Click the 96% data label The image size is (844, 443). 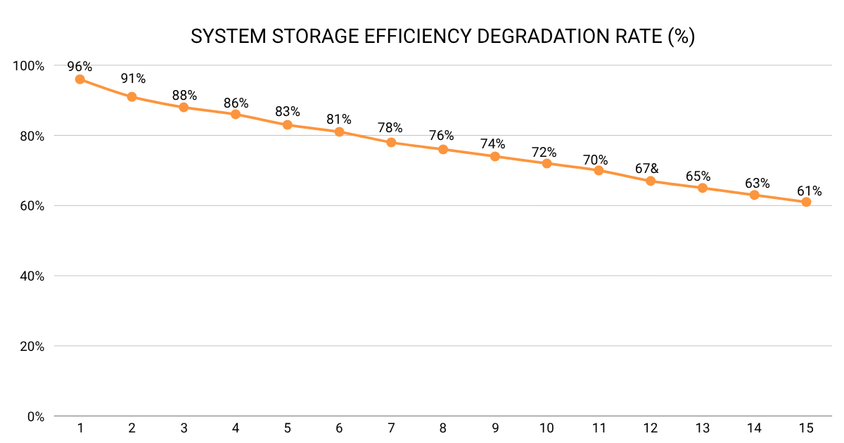coord(79,67)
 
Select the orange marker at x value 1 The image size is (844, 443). coord(79,79)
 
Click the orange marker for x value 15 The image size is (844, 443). coord(806,202)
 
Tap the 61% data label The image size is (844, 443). coord(809,191)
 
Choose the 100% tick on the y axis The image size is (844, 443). coord(29,65)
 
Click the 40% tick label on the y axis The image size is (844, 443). coord(32,276)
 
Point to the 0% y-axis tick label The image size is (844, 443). coord(35,416)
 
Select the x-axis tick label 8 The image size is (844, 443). coord(443,428)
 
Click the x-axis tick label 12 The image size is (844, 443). coord(651,428)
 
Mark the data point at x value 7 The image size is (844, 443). coord(391,142)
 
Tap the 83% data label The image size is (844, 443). coord(288,112)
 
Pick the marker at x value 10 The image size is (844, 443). coord(546,163)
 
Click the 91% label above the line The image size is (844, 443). coord(132,78)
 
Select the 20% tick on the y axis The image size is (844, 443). coord(32,347)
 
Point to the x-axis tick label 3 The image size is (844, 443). coord(184,428)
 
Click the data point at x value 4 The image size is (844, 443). coord(236,114)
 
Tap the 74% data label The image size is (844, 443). coord(492,143)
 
